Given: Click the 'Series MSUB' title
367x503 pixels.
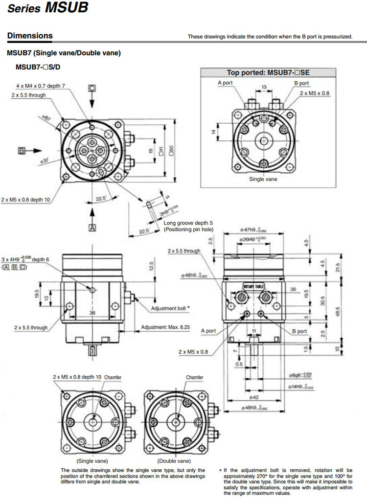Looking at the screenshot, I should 47,8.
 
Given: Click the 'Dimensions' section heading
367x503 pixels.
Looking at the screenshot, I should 30,36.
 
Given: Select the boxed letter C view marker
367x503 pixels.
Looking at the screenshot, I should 92,89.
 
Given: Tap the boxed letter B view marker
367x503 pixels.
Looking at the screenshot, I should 22,151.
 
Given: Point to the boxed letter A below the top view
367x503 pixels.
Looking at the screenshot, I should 92,227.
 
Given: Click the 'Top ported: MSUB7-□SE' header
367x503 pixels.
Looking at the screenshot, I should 268,72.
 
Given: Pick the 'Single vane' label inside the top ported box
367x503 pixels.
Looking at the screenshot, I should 263,179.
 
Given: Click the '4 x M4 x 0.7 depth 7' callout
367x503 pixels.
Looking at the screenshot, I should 41,86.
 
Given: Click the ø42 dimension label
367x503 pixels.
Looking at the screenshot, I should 254,397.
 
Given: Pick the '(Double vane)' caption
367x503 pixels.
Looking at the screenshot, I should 174,461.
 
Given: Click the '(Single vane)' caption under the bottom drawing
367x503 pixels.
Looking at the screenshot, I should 92,461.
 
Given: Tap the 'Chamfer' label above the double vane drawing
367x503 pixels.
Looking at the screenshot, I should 194,378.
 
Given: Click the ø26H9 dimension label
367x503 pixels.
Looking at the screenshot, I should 254,239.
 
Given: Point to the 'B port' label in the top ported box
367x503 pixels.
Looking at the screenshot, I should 301,83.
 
